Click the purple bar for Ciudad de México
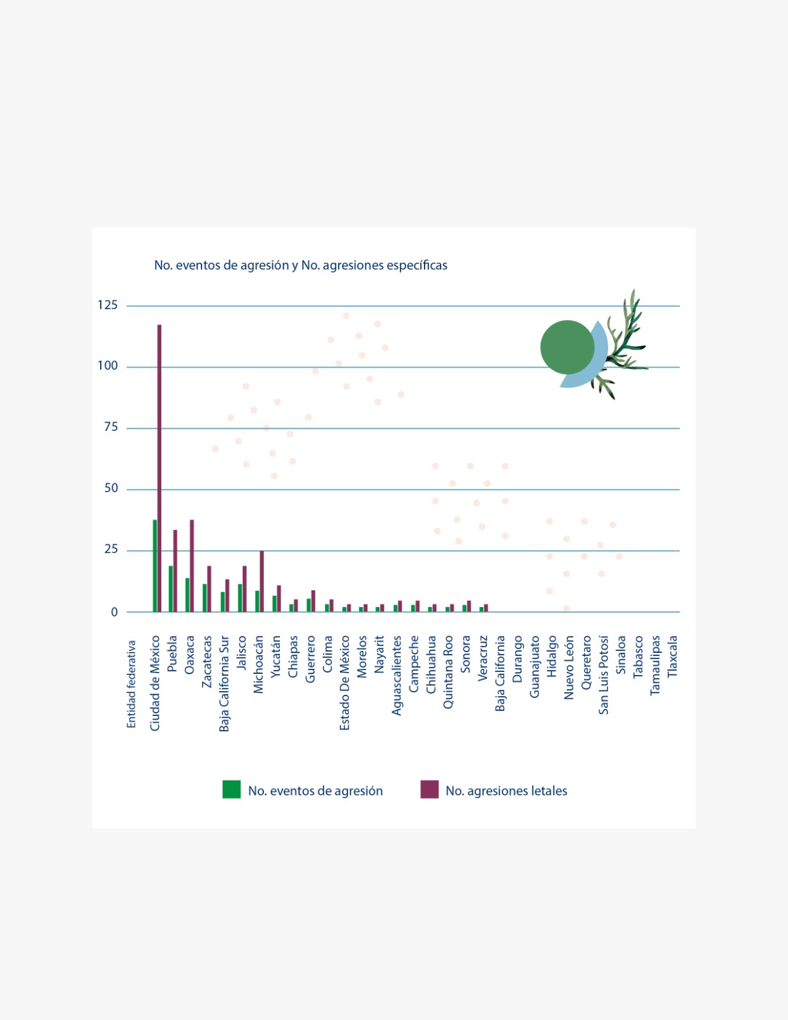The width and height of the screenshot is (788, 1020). (x=159, y=469)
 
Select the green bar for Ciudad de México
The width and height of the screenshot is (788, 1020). (x=155, y=566)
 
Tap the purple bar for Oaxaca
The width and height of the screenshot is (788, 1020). (x=192, y=566)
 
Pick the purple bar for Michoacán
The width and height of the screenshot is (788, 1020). (x=261, y=581)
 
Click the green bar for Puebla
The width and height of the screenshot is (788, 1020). (x=171, y=589)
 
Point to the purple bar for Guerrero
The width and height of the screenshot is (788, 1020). (x=313, y=601)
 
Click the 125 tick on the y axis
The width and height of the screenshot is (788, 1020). (x=108, y=305)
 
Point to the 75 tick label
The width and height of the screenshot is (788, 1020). (x=111, y=427)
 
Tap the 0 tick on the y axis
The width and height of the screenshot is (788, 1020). (x=114, y=612)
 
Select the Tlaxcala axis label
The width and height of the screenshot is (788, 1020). (x=672, y=657)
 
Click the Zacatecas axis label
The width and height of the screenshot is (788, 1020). (x=207, y=661)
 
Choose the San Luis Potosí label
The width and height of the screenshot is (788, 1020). (x=603, y=674)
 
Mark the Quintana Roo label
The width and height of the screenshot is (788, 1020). (x=448, y=672)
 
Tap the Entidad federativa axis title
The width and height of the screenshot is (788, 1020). (x=131, y=684)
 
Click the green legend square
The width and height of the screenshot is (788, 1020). (x=231, y=789)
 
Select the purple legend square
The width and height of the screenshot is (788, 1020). (x=429, y=789)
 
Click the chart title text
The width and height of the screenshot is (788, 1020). (x=300, y=265)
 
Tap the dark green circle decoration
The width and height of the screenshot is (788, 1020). (x=566, y=347)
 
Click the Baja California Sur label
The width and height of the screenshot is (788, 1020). (x=224, y=683)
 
